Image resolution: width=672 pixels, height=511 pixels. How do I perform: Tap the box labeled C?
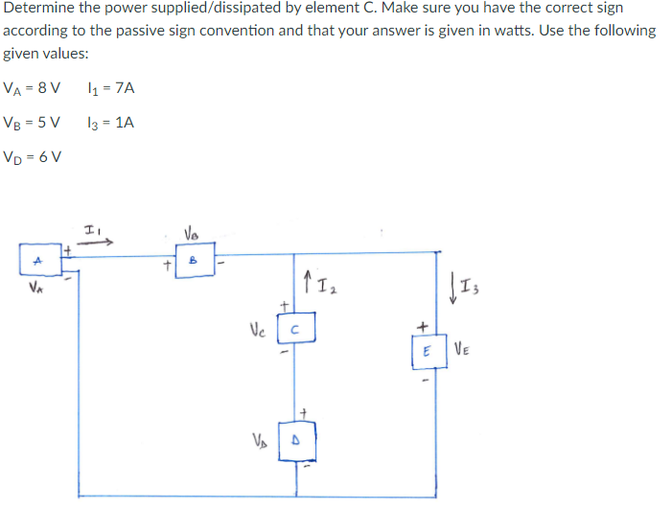pyautogui.click(x=296, y=332)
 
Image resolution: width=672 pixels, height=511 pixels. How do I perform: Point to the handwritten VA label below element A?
pyautogui.click(x=36, y=285)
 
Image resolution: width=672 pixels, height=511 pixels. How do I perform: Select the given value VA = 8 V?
pyautogui.click(x=33, y=88)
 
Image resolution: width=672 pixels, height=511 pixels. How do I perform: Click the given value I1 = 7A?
pyautogui.click(x=110, y=88)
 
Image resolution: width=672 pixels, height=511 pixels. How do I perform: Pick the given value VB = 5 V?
pyautogui.click(x=33, y=123)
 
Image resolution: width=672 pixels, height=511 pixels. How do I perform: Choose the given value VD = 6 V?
pyautogui.click(x=34, y=157)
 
